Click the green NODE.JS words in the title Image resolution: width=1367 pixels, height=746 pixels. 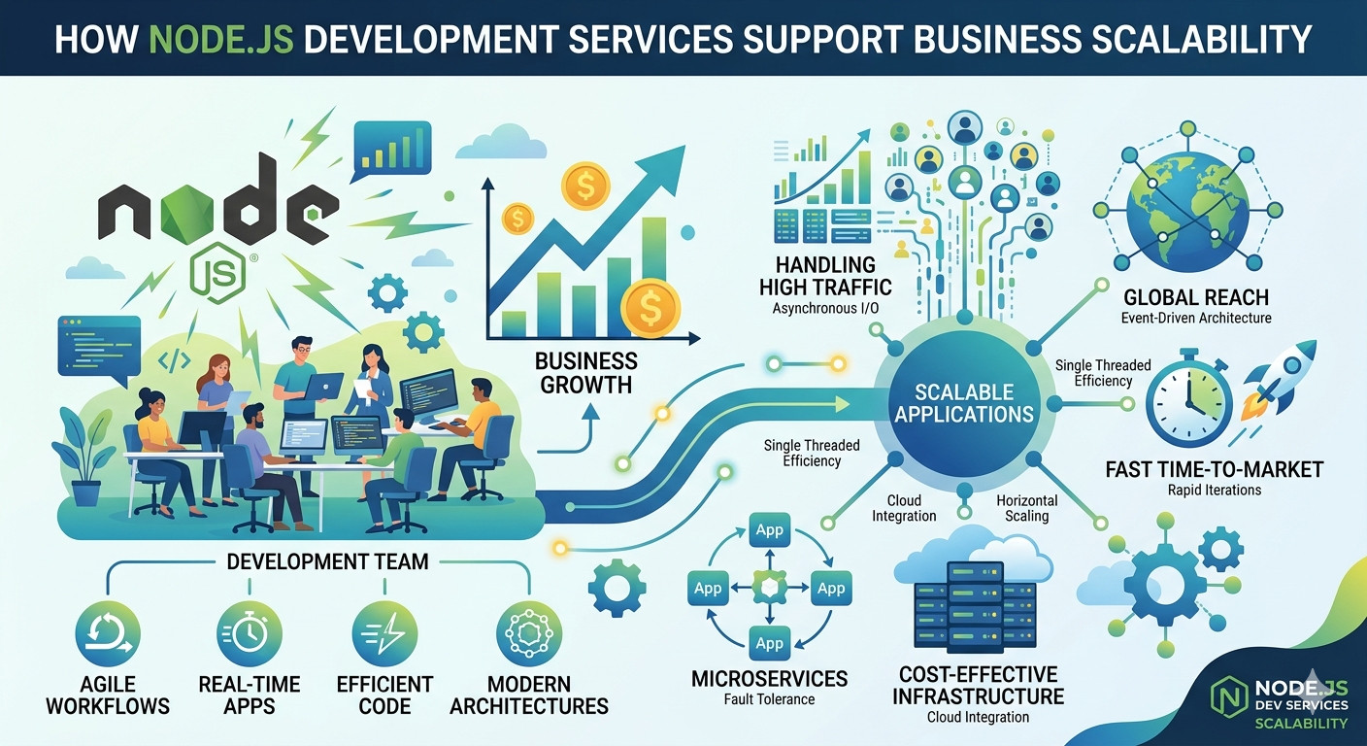(x=221, y=39)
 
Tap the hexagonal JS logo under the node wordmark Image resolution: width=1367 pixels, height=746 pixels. (x=217, y=276)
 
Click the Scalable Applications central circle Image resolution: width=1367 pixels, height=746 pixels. (x=964, y=403)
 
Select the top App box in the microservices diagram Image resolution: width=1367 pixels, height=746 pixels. (x=769, y=530)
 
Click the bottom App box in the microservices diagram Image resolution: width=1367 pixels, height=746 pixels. (x=769, y=643)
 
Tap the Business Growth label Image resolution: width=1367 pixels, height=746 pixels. (x=585, y=373)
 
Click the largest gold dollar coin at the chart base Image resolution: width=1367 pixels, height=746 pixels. (x=650, y=307)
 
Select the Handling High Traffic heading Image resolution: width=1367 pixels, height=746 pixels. (x=825, y=276)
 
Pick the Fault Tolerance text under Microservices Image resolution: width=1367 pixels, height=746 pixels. (x=769, y=699)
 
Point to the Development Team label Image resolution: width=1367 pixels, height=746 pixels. (x=327, y=561)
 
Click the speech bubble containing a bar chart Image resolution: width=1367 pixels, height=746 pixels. (x=391, y=151)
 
